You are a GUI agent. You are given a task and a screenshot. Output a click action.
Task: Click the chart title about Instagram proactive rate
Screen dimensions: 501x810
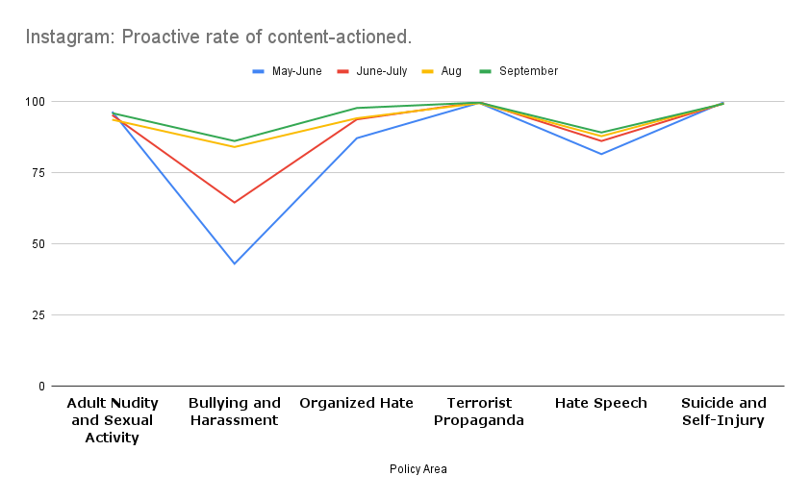[218, 38]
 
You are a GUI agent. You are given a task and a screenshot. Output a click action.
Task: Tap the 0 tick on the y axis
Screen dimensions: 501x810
[41, 387]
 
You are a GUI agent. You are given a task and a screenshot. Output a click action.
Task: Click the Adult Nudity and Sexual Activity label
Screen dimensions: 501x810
[113, 420]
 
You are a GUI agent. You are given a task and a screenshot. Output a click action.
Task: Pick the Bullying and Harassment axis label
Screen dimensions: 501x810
[235, 412]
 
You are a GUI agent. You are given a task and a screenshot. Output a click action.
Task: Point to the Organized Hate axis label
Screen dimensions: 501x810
[357, 403]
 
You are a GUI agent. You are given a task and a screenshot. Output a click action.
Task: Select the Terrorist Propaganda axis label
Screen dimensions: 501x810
[479, 412]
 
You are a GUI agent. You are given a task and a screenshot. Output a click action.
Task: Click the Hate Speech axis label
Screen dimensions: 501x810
[601, 403]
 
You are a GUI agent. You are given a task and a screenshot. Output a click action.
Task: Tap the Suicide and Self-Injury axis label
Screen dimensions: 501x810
[723, 412]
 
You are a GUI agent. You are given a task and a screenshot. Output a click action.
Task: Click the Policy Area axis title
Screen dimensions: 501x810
[418, 469]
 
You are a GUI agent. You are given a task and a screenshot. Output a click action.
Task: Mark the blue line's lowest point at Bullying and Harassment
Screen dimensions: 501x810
[235, 263]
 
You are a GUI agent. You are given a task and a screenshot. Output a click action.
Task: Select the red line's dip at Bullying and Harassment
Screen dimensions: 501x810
[235, 202]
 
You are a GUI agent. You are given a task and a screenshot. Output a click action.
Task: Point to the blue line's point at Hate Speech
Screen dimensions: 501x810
[601, 154]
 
